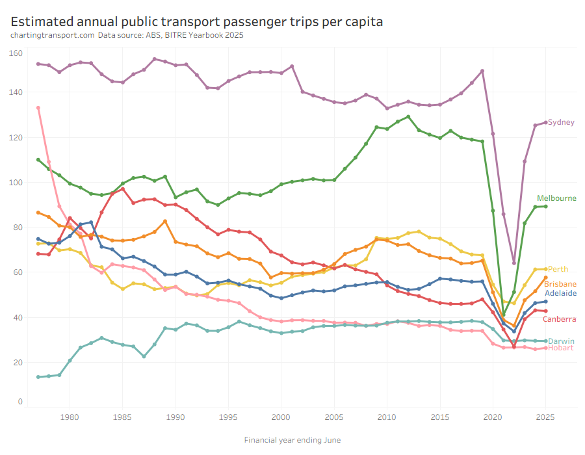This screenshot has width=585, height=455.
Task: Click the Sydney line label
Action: coord(561,122)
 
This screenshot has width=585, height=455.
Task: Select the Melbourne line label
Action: coord(556,198)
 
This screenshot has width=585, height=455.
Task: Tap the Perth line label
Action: coord(558,269)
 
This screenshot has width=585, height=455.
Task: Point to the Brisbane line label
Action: coord(560,284)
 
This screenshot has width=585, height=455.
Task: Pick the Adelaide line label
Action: coord(560,293)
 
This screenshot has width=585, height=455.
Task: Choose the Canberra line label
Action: coord(560,319)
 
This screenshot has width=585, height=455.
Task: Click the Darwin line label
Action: coord(561,341)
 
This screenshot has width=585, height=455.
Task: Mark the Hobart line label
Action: coord(560,348)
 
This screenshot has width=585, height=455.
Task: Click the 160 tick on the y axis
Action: coord(16,53)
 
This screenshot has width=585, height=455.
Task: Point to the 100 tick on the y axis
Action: coord(16,183)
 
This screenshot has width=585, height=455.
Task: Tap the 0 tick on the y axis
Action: coord(19,402)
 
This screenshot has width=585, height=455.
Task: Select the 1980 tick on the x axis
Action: coord(70,417)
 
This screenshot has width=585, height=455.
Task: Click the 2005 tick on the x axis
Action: coord(334,417)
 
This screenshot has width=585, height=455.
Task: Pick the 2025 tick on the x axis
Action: coord(546,417)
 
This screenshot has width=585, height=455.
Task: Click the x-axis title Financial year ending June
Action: coord(292,440)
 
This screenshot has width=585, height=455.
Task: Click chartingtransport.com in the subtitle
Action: coord(53,36)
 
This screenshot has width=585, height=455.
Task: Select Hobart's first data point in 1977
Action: coord(38,108)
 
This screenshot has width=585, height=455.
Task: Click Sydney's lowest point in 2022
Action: coord(514,263)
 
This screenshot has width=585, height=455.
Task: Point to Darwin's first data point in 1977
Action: coord(38,377)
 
